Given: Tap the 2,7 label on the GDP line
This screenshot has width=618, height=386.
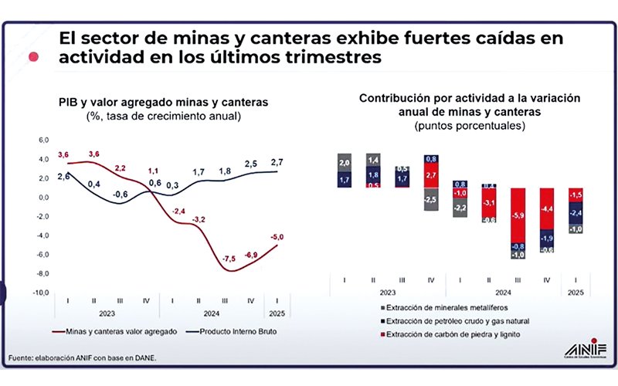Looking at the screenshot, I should point(277,161).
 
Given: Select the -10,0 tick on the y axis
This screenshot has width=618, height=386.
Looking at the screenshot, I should point(39,293).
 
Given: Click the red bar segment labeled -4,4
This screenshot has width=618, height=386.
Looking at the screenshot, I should point(547,208).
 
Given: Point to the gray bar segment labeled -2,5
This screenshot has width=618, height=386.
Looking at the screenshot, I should point(431,200).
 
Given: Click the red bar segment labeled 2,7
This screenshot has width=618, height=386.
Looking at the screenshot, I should point(431,176).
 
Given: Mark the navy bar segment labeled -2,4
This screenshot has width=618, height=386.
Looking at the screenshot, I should point(576,212).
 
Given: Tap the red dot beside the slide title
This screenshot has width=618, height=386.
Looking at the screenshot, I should point(33,56).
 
